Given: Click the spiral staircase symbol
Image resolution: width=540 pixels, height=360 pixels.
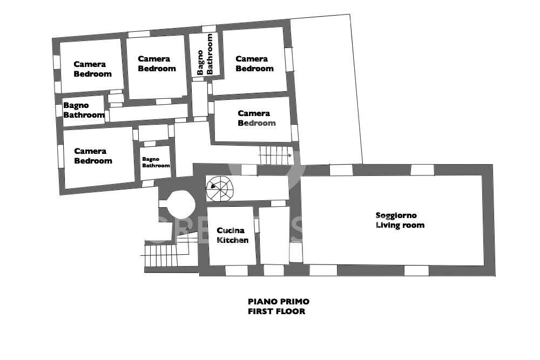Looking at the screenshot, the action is tap(220, 188).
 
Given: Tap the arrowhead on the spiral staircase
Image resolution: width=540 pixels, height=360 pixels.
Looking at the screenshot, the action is tap(212, 186).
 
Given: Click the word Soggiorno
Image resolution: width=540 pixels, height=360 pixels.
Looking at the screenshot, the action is tap(396, 216).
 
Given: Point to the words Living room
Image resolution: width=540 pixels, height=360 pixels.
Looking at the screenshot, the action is tap(400, 225).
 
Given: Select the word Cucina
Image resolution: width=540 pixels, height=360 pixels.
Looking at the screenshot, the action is tap(231, 230).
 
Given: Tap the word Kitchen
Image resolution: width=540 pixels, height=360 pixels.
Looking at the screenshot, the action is tap(232, 240).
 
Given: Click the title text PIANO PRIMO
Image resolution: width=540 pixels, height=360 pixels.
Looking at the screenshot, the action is tap(279, 302).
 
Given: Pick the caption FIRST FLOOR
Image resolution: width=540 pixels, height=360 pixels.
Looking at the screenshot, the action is tap(276, 311).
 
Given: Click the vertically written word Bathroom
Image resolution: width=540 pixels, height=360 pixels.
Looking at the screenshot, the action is tap(209, 54).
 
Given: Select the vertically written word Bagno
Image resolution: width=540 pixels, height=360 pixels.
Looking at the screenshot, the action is tap(200, 63).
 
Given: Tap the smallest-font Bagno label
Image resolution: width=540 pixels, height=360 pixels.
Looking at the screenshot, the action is tap(151, 159).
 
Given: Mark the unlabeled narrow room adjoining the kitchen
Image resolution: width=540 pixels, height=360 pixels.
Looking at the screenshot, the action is tap(274, 235).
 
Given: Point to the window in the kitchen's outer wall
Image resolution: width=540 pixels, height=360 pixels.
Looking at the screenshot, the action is tap(237, 270).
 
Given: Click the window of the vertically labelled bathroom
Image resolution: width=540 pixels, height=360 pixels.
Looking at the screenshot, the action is tap(208, 29).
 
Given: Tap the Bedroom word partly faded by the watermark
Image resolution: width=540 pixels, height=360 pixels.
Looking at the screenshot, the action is tap(256, 123).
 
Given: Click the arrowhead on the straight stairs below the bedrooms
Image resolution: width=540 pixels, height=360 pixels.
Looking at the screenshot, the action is tap(289, 155).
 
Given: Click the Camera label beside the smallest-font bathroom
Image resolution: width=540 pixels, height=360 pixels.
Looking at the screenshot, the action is tap(90, 151).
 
